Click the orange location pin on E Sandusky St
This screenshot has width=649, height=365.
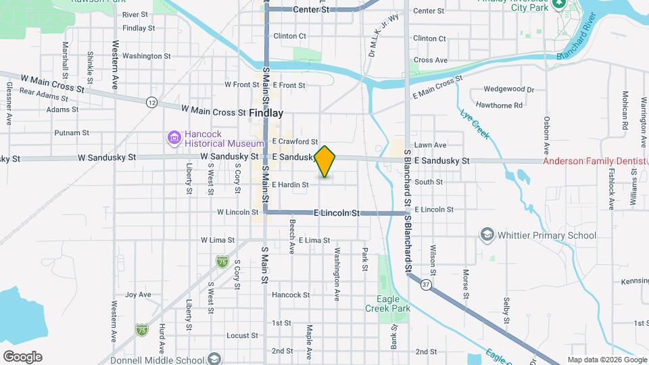(x=325, y=161)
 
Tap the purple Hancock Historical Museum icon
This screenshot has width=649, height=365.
(x=174, y=138)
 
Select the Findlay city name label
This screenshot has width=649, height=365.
(x=266, y=113)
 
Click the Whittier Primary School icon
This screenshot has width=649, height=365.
(x=486, y=235)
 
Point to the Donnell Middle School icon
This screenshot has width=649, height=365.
(x=214, y=358)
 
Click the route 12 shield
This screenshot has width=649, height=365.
(x=151, y=102)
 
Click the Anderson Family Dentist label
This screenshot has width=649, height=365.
(x=595, y=161)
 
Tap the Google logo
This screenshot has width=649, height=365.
(x=22, y=356)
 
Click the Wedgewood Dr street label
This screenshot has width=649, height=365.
(x=509, y=89)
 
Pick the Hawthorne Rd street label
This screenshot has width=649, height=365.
(x=499, y=105)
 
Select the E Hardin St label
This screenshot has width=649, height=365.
(x=291, y=185)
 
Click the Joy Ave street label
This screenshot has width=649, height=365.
(x=138, y=295)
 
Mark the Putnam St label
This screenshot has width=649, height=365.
(x=68, y=132)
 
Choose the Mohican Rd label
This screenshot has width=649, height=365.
(x=625, y=111)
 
